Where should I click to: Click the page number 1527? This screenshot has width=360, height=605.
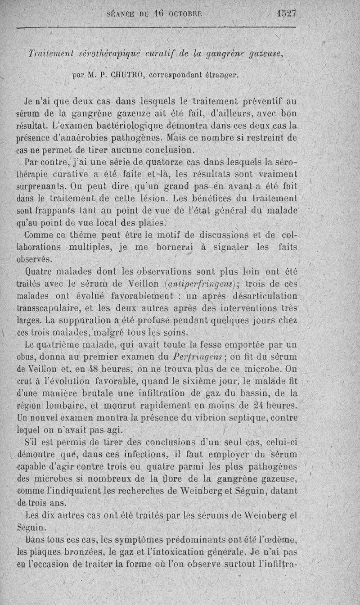287,14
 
